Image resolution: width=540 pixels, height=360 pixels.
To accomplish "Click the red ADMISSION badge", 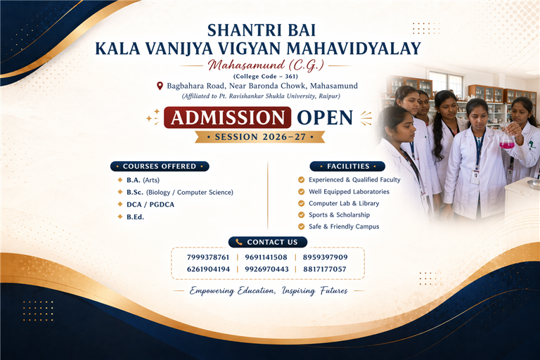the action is click(x=227, y=117).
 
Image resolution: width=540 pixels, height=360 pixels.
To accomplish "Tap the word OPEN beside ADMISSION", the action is click(x=325, y=118).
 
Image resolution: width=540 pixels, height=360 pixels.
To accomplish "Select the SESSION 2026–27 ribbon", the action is click(x=260, y=137).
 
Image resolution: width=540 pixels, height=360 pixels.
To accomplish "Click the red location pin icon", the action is click(x=160, y=86).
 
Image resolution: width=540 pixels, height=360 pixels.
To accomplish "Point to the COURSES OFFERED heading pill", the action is click(x=160, y=167).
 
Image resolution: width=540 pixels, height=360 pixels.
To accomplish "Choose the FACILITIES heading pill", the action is click(x=347, y=167).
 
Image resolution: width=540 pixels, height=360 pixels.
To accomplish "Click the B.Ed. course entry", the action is click(x=135, y=217).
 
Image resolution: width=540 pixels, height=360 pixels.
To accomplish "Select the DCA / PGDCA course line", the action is click(x=150, y=205).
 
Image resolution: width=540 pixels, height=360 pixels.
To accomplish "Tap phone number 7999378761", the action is click(x=208, y=257).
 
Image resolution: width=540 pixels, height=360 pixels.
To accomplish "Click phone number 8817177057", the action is click(x=325, y=269).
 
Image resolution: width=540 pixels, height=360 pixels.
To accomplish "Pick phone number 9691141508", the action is click(x=266, y=257).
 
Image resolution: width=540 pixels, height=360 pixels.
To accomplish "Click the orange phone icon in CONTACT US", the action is click(x=239, y=242).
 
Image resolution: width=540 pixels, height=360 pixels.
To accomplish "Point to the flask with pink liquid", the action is click(x=507, y=138).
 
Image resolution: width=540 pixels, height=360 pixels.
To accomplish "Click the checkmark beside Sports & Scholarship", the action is click(x=302, y=215).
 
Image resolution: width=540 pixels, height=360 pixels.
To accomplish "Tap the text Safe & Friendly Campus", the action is click(x=344, y=226).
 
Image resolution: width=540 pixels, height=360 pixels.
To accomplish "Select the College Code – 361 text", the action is click(x=266, y=77).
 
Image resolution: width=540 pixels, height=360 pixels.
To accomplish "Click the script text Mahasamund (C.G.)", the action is click(x=266, y=65).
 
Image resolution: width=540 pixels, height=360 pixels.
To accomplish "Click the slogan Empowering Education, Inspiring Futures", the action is click(x=269, y=291).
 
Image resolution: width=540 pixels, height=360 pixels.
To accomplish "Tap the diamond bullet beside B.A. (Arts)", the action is click(x=120, y=180).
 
